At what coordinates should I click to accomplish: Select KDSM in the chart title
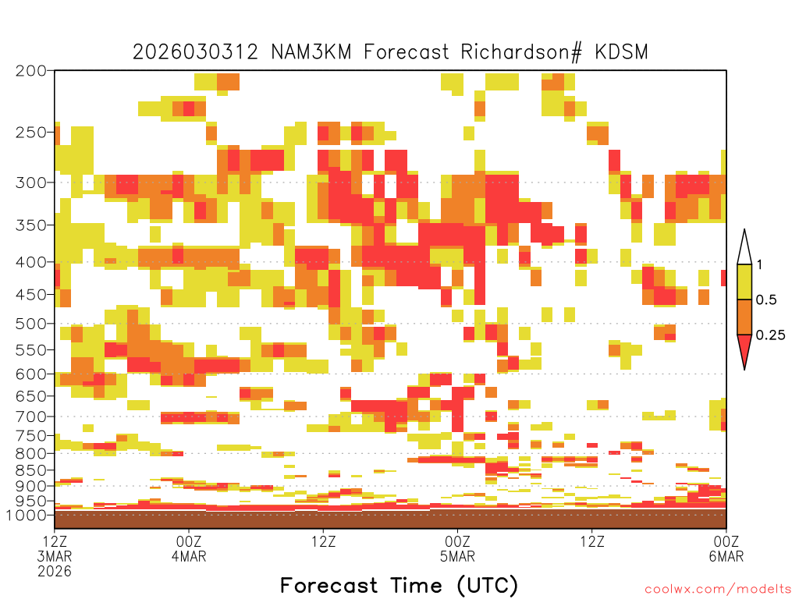tap(621, 52)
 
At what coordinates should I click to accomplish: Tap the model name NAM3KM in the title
tap(311, 52)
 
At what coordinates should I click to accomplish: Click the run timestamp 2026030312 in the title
tap(195, 52)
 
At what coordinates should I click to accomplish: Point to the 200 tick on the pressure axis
tap(31, 70)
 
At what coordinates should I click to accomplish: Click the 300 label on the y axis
tap(31, 183)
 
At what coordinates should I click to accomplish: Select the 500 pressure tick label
tap(31, 324)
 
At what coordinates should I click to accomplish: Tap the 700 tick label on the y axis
tap(31, 416)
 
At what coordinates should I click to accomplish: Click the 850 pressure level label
tap(31, 470)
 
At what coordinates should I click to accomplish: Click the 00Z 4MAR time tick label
tap(189, 548)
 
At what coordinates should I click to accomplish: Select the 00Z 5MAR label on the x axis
tap(457, 548)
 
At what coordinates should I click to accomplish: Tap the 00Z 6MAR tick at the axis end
tap(726, 548)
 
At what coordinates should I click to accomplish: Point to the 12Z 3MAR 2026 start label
tap(55, 556)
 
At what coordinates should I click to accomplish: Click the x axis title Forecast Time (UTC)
tap(399, 585)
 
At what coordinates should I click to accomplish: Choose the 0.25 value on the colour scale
tap(770, 335)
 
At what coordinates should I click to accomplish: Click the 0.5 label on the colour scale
tap(766, 299)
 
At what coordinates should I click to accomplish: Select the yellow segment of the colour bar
tap(744, 282)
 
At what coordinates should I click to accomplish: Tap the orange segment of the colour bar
tap(744, 317)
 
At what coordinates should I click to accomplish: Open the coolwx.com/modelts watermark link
tap(718, 590)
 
